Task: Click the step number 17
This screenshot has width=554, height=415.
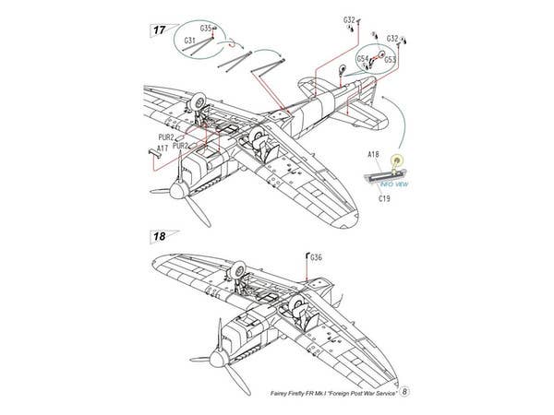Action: coord(160,30)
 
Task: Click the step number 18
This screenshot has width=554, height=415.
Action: coord(160,237)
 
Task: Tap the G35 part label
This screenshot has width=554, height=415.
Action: coord(204,30)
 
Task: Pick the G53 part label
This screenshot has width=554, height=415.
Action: coord(391,60)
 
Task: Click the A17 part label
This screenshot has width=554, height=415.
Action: coord(163,148)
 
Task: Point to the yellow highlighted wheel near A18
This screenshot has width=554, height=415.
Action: coord(398,163)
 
